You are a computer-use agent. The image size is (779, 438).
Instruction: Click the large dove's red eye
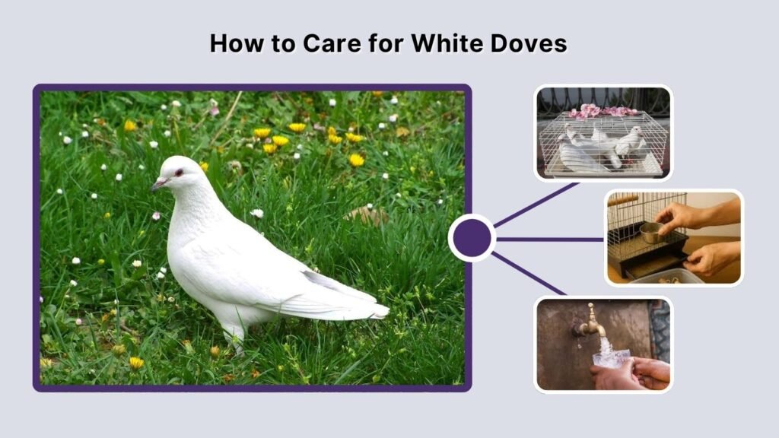179,173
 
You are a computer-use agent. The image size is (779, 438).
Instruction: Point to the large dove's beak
157,185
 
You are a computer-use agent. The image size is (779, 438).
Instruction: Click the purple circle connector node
472,238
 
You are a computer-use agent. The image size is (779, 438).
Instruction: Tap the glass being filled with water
608,356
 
